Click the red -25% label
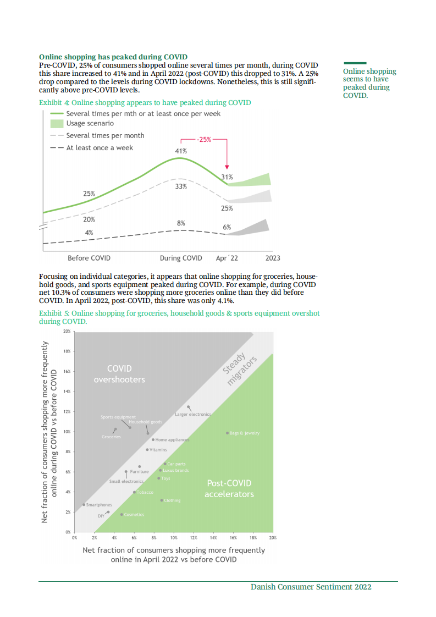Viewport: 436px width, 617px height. pos(204,140)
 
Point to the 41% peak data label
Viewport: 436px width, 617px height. pos(181,151)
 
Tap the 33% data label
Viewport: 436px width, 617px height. pos(181,186)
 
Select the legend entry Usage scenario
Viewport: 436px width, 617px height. pos(90,124)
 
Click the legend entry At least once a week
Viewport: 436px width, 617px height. pos(100,148)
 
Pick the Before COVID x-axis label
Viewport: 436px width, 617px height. pos(89,258)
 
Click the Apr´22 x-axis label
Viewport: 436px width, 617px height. pos(227,258)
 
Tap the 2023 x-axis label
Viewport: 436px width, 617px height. pos(273,258)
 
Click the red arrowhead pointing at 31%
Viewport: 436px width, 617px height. pos(227,167)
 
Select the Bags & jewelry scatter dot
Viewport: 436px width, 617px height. pos(227,433)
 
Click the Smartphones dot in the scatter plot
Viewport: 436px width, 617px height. pos(84,504)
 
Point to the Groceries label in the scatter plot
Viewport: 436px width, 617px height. pos(111,437)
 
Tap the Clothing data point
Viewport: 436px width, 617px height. pos(162,500)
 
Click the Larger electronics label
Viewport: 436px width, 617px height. pos(192,414)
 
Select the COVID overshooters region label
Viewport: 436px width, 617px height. pos(119,374)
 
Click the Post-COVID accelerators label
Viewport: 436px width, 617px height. pos(229,488)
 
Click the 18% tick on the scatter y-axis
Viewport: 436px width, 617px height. pos(67,351)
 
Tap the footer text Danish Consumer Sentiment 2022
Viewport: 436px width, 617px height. pos(311,587)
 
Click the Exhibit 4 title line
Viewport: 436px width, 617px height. pos(145,103)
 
